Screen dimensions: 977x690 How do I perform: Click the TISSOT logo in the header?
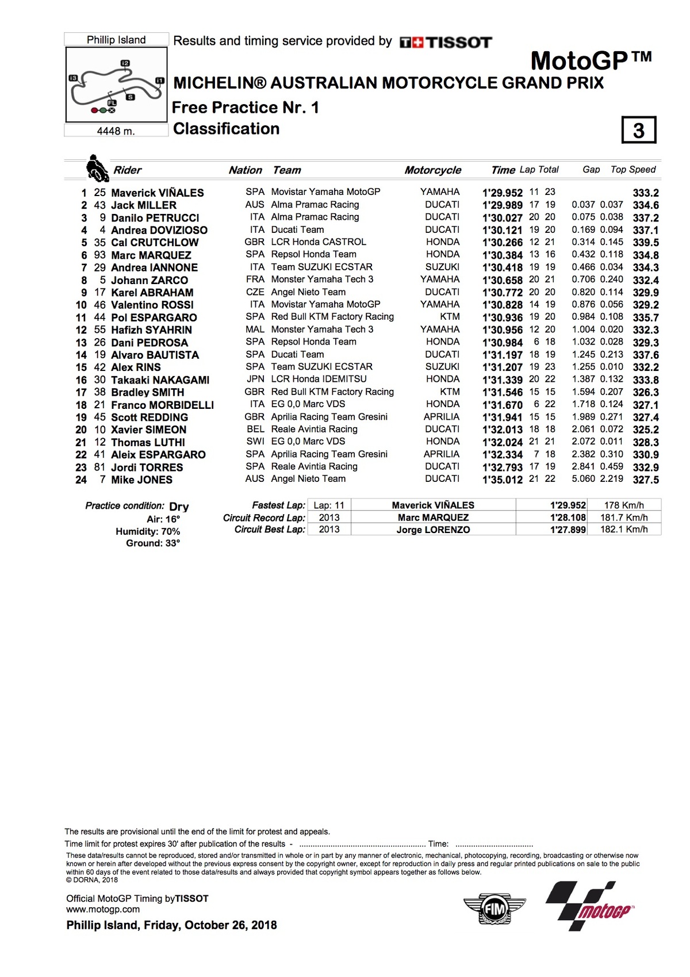[446, 42]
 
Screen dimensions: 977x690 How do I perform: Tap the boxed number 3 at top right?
[639, 130]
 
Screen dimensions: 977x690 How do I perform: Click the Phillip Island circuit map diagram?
[117, 85]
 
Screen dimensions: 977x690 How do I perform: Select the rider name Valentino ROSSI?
[152, 305]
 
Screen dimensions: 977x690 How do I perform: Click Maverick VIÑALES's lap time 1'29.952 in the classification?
[503, 193]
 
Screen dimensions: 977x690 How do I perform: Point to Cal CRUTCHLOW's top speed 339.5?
[646, 243]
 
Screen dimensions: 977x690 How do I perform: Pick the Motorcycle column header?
[432, 170]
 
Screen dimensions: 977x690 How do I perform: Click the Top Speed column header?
[633, 170]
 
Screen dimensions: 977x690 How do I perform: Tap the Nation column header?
[245, 170]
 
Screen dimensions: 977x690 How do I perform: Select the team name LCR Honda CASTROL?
[319, 242]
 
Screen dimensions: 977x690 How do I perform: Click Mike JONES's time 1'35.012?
[503, 480]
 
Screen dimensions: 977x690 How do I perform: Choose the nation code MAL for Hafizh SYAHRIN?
[255, 330]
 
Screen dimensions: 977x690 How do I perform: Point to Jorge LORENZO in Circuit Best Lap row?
[433, 530]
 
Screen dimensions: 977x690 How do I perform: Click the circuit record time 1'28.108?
[568, 518]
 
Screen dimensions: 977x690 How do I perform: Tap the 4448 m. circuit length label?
[116, 131]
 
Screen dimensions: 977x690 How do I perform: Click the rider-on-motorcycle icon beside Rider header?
[97, 168]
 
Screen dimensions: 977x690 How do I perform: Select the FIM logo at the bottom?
[494, 909]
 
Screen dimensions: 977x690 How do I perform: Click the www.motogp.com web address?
[103, 909]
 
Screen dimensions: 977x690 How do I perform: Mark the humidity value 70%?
[171, 531]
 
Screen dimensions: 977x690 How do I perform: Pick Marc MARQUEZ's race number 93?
[100, 255]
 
